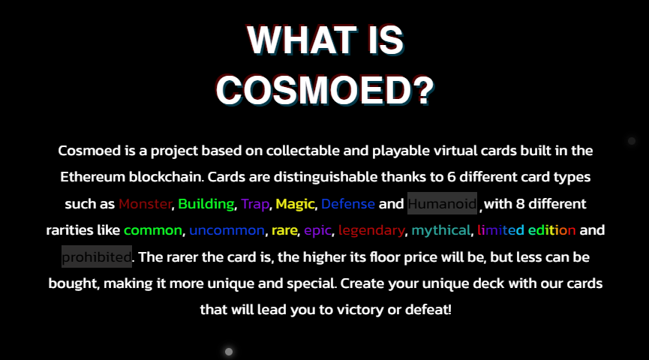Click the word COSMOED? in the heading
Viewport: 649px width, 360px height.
click(324, 91)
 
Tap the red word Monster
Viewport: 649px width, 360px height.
click(145, 204)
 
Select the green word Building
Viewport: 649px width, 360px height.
click(206, 204)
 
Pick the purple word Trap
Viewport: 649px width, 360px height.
click(255, 204)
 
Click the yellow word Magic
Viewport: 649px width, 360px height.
click(296, 204)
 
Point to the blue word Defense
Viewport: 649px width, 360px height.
click(348, 204)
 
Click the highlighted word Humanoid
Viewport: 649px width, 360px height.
click(442, 204)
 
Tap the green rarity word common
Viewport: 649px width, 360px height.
click(153, 230)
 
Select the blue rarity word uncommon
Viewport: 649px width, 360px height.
click(227, 230)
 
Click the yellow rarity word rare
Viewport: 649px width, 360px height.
click(284, 230)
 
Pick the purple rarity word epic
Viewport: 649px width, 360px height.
click(318, 230)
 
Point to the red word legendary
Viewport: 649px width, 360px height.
click(371, 230)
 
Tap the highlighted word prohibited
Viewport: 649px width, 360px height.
click(96, 257)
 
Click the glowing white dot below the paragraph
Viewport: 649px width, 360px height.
click(229, 351)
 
